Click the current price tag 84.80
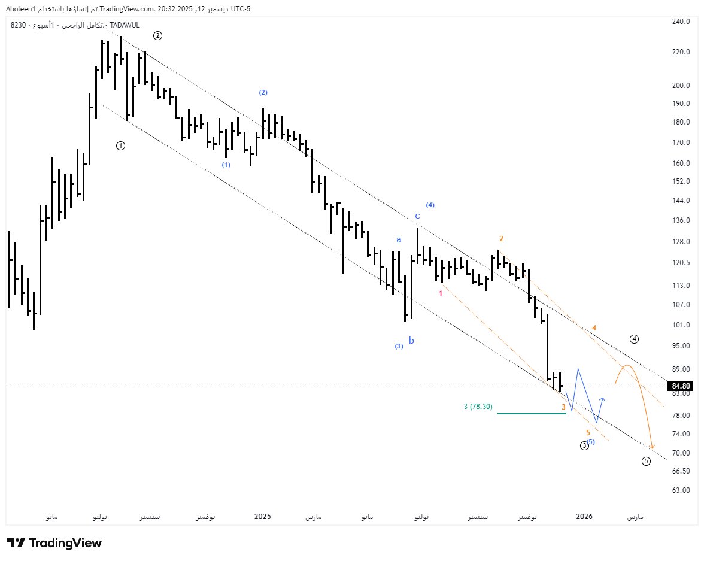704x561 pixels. coord(681,386)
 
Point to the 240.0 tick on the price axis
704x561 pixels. coord(681,21)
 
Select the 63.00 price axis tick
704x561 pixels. coord(681,490)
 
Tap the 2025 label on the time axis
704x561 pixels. coord(263,517)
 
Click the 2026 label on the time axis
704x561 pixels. coord(584,517)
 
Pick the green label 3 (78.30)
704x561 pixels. coord(478,407)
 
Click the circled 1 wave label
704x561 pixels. coord(120,145)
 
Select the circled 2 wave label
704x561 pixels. coord(157,36)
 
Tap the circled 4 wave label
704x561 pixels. coord(634,339)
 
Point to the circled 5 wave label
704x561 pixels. coord(646,461)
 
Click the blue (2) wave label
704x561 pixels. coord(263,93)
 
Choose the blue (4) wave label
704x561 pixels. coord(430,205)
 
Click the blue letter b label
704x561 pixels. coord(411,341)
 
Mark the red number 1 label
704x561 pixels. coord(441,294)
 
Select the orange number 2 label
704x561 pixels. coord(502,239)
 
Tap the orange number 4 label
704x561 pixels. coord(594,328)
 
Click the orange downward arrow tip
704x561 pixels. coord(652,448)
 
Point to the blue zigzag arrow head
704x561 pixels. coord(603,399)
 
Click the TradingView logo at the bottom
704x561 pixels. coord(54,543)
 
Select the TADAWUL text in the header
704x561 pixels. coord(125,25)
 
